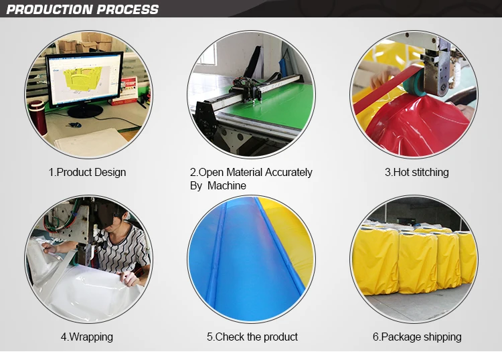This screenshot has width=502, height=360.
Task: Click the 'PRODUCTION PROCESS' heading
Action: click(x=82, y=9)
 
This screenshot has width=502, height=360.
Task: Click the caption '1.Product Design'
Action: click(x=87, y=172)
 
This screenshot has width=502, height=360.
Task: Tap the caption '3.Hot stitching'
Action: click(x=416, y=172)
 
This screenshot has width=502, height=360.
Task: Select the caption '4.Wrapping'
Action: click(x=86, y=337)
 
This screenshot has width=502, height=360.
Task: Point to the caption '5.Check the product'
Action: click(x=252, y=337)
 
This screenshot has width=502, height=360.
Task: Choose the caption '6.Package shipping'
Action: click(x=416, y=337)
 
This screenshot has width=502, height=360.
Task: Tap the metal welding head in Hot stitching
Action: click(x=438, y=67)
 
